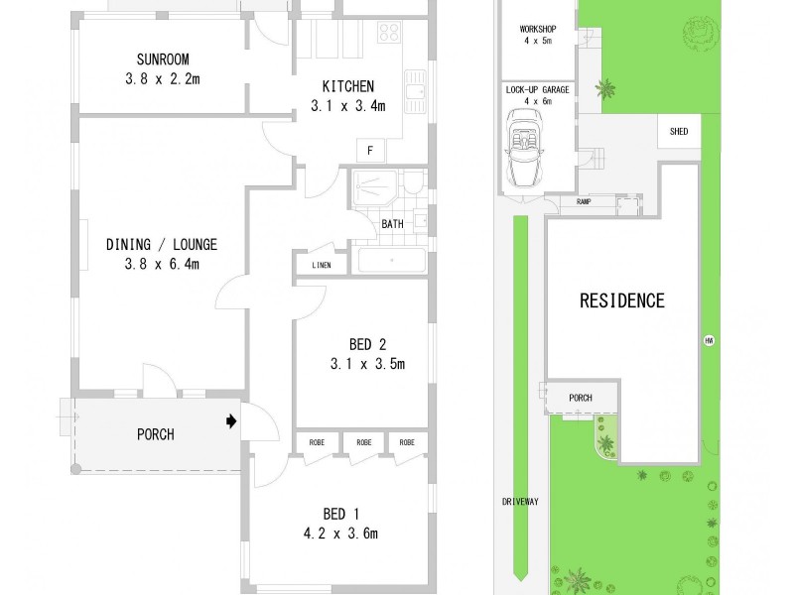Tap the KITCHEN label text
[346, 85]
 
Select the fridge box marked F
[370, 151]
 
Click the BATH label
[392, 224]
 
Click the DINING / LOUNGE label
[162, 244]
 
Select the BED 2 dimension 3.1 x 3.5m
[367, 364]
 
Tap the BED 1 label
[335, 514]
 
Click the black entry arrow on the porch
[231, 421]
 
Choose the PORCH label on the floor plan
[155, 434]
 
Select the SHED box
[680, 130]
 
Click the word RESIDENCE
[621, 300]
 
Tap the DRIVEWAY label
[520, 502]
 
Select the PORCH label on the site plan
[580, 398]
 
